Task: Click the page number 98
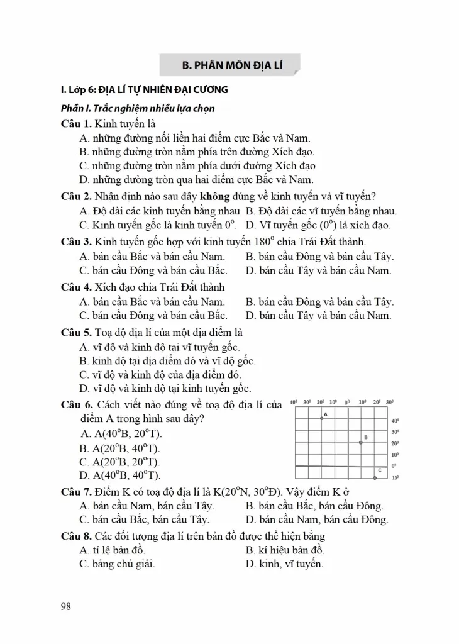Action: tap(65, 606)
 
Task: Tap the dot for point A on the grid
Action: tap(322, 418)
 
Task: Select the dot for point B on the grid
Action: tap(360, 443)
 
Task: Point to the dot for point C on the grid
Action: tap(374, 478)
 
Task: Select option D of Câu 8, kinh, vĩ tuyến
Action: tap(284, 563)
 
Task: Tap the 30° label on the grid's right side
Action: tap(395, 432)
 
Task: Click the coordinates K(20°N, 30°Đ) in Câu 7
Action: tap(235, 491)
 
